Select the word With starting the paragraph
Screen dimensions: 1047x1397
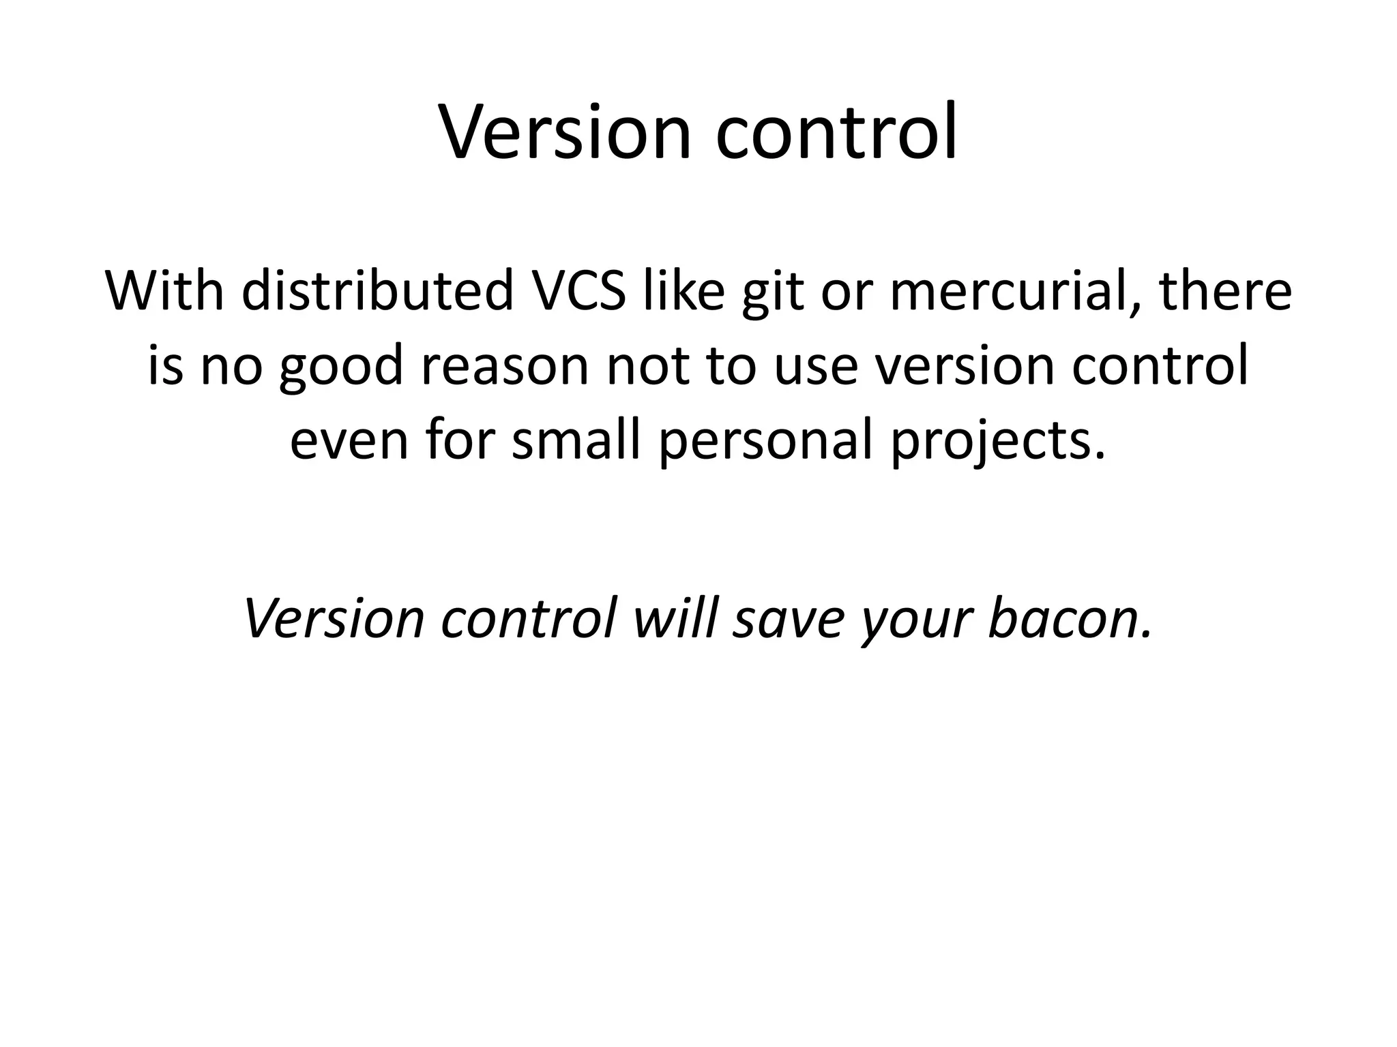[x=164, y=291]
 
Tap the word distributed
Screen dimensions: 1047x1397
[x=377, y=291]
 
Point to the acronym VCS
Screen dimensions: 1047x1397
[x=578, y=291]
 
